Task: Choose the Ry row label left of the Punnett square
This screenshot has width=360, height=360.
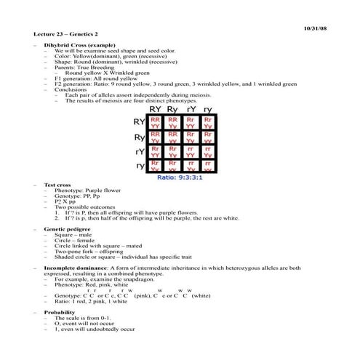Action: pyautogui.click(x=139, y=137)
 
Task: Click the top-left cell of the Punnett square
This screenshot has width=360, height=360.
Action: pyautogui.click(x=156, y=121)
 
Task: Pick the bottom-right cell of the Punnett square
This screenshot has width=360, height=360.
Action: pyautogui.click(x=208, y=166)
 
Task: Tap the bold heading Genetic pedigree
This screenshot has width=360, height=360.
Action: pyautogui.click(x=69, y=228)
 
